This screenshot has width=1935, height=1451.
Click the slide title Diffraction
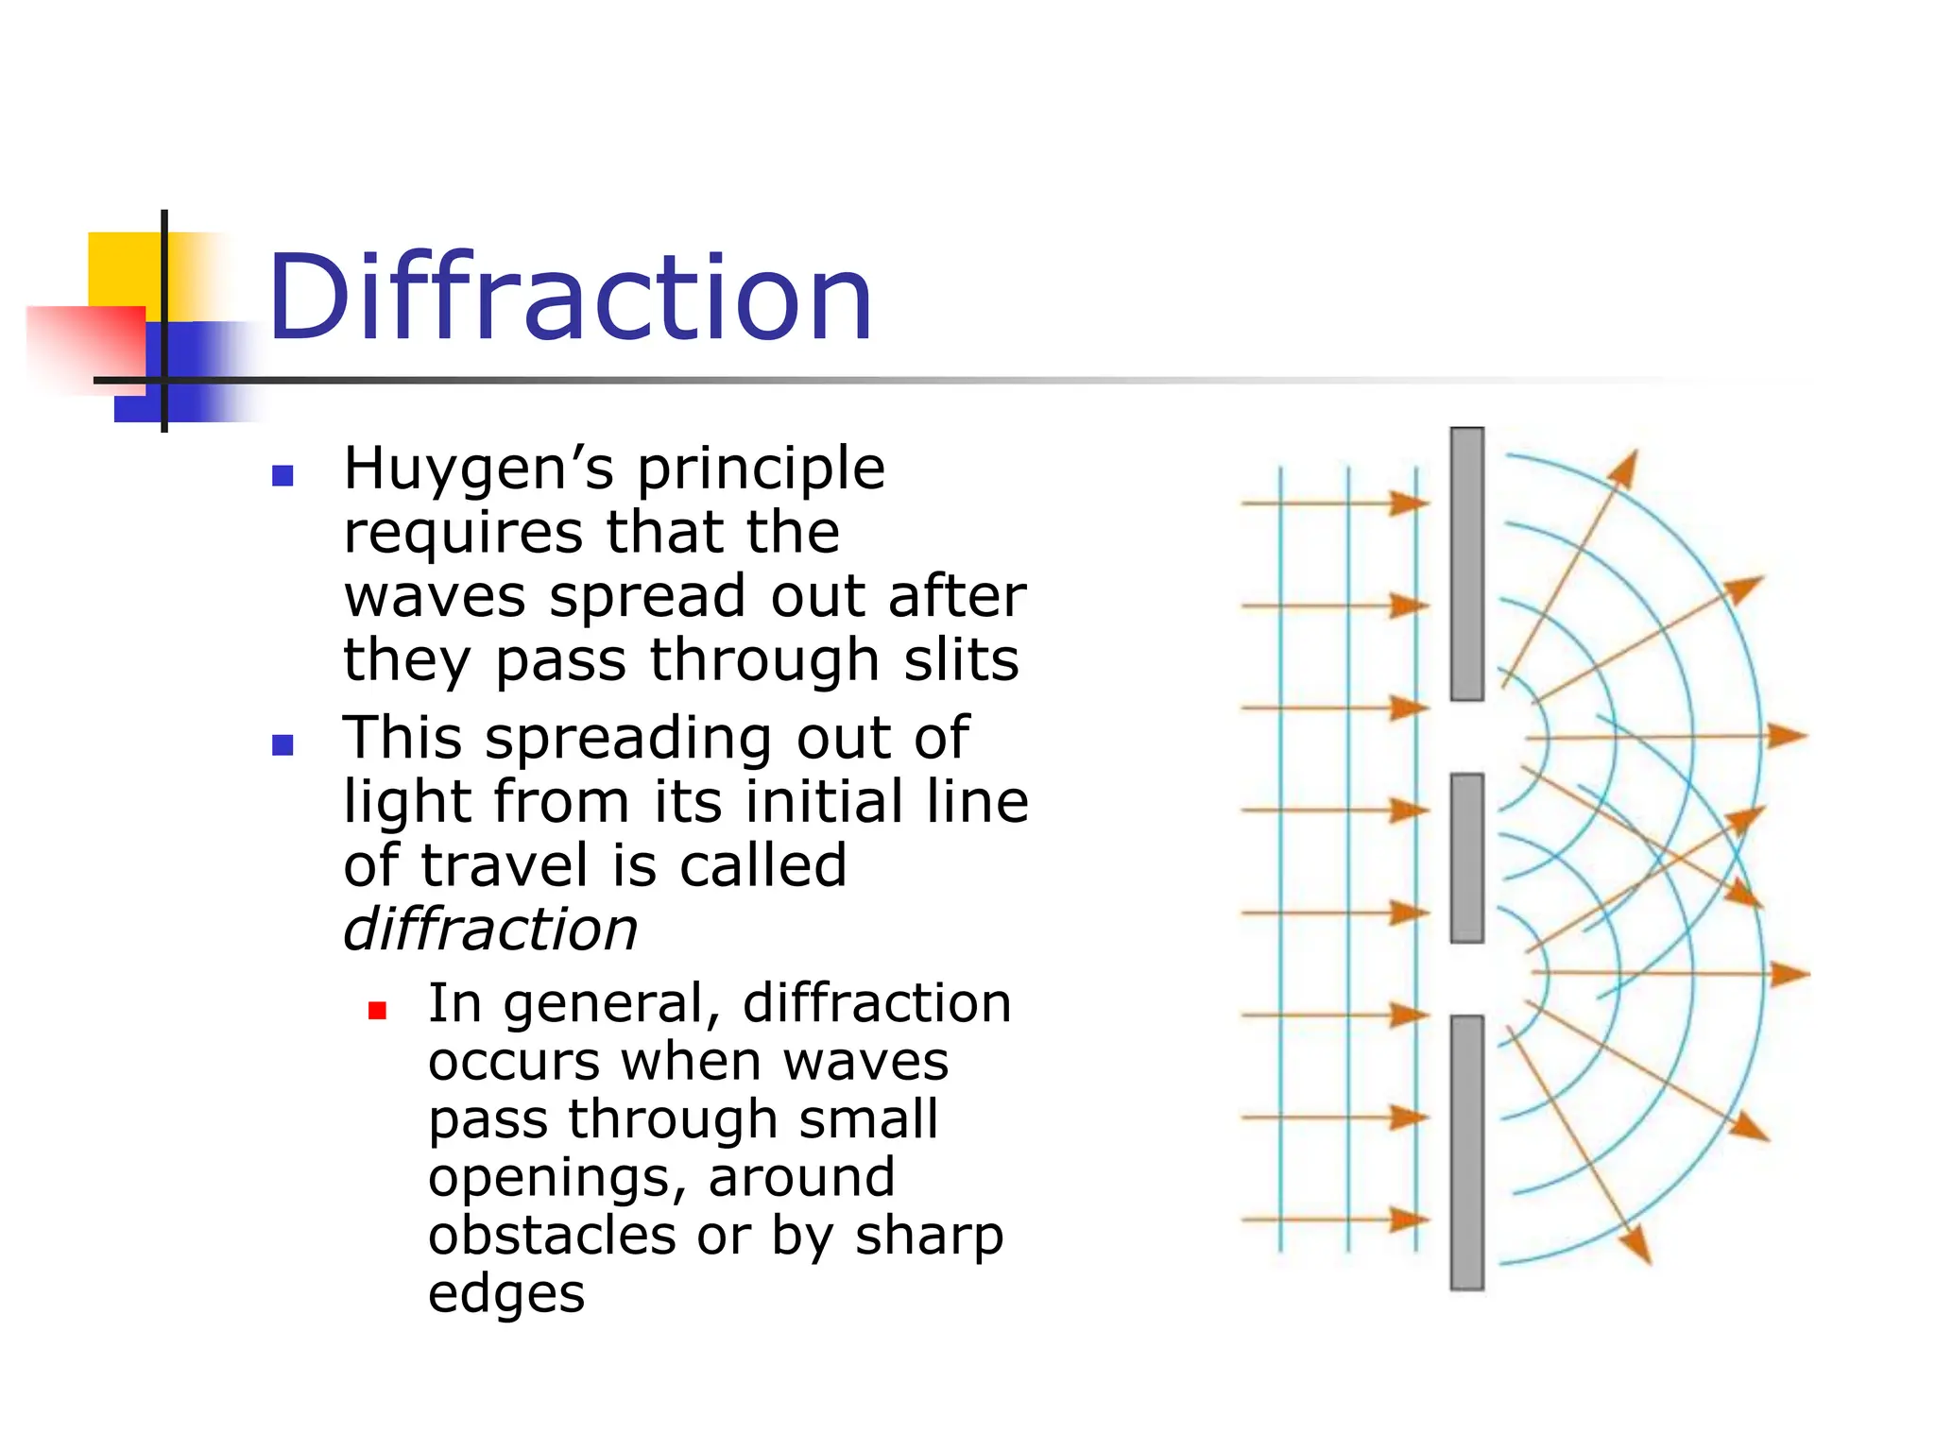pos(570,298)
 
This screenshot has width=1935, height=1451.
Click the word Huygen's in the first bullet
pos(478,469)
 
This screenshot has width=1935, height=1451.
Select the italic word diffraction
pos(490,930)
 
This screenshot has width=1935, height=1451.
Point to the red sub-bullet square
pos(378,1011)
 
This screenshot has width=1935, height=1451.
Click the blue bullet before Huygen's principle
pos(283,475)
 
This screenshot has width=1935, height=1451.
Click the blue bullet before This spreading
pos(283,745)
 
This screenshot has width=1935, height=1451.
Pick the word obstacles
pos(552,1237)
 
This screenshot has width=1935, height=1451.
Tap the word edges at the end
pos(506,1294)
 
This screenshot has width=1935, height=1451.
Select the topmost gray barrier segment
pos(1466,564)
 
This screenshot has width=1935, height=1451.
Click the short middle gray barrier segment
pos(1466,858)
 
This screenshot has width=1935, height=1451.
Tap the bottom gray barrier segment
pos(1466,1152)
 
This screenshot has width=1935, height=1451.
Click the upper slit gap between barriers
pos(1466,737)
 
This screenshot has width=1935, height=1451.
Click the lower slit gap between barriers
pos(1466,979)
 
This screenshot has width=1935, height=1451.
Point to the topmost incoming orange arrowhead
pos(1410,503)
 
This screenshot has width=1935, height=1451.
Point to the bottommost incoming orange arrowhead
pos(1410,1220)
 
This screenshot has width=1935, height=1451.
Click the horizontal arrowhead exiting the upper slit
pos(1786,735)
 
